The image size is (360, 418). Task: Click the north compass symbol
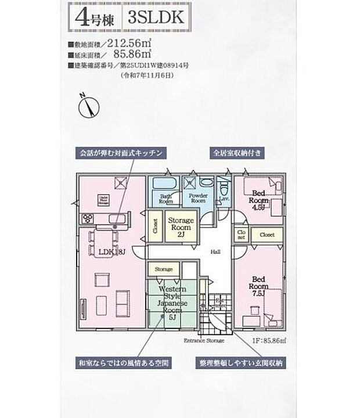tap(88, 106)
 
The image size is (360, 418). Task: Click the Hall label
tap(215, 251)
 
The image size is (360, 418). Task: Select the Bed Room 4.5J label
tap(259, 199)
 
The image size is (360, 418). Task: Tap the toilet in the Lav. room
tap(224, 189)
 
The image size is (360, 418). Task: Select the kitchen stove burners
tap(89, 219)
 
